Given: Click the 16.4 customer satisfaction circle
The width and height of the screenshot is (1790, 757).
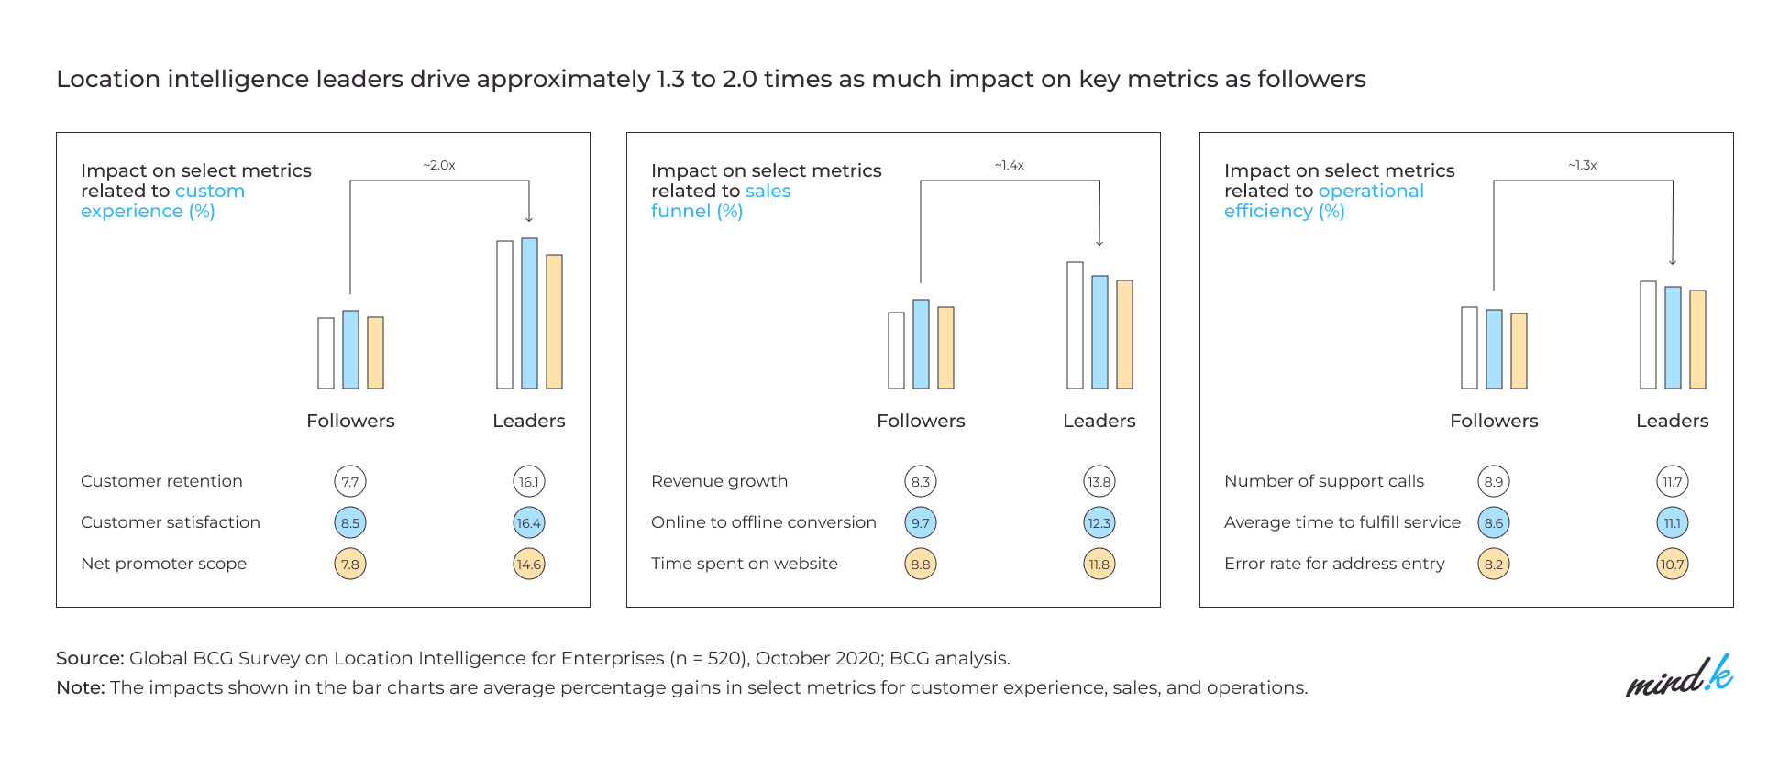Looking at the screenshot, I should tap(529, 522).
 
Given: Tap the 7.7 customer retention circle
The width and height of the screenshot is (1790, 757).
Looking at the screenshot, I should tap(350, 481).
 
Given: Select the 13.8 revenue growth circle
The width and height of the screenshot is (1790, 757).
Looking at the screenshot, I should tap(1099, 481).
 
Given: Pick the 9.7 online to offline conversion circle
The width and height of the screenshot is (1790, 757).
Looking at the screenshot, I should tap(921, 522).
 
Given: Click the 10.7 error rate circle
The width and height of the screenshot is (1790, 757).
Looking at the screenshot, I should tap(1673, 564).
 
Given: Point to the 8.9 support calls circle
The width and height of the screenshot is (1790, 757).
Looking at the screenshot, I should tap(1494, 481).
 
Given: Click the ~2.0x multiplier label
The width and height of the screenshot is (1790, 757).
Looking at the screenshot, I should tap(439, 166).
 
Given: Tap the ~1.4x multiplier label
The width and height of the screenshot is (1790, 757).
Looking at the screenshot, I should tap(1010, 166).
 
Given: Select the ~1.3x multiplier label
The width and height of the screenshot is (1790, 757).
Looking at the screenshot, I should tap(1583, 166).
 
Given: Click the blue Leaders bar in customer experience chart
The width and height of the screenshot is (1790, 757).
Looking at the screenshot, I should tap(529, 313).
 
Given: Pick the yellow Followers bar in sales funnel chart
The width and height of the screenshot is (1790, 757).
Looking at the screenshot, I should tap(945, 348).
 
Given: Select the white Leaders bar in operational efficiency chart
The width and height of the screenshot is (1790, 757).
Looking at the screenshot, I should tap(1648, 335).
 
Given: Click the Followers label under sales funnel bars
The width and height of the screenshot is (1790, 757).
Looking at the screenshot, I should tap(921, 421).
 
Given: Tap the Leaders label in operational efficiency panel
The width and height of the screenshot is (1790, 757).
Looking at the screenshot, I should tap(1672, 421).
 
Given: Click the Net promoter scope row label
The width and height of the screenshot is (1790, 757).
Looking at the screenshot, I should tap(163, 564).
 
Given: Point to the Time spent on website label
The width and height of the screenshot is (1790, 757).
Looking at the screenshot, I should tap(744, 564).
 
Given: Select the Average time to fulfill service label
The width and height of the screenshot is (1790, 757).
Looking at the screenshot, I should tap(1342, 522).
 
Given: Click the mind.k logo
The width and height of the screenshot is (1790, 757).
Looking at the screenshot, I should tap(1679, 677).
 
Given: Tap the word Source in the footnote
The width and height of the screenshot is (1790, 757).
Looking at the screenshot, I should tap(89, 658).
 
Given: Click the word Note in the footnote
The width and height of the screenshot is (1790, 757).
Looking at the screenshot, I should tap(80, 687).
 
